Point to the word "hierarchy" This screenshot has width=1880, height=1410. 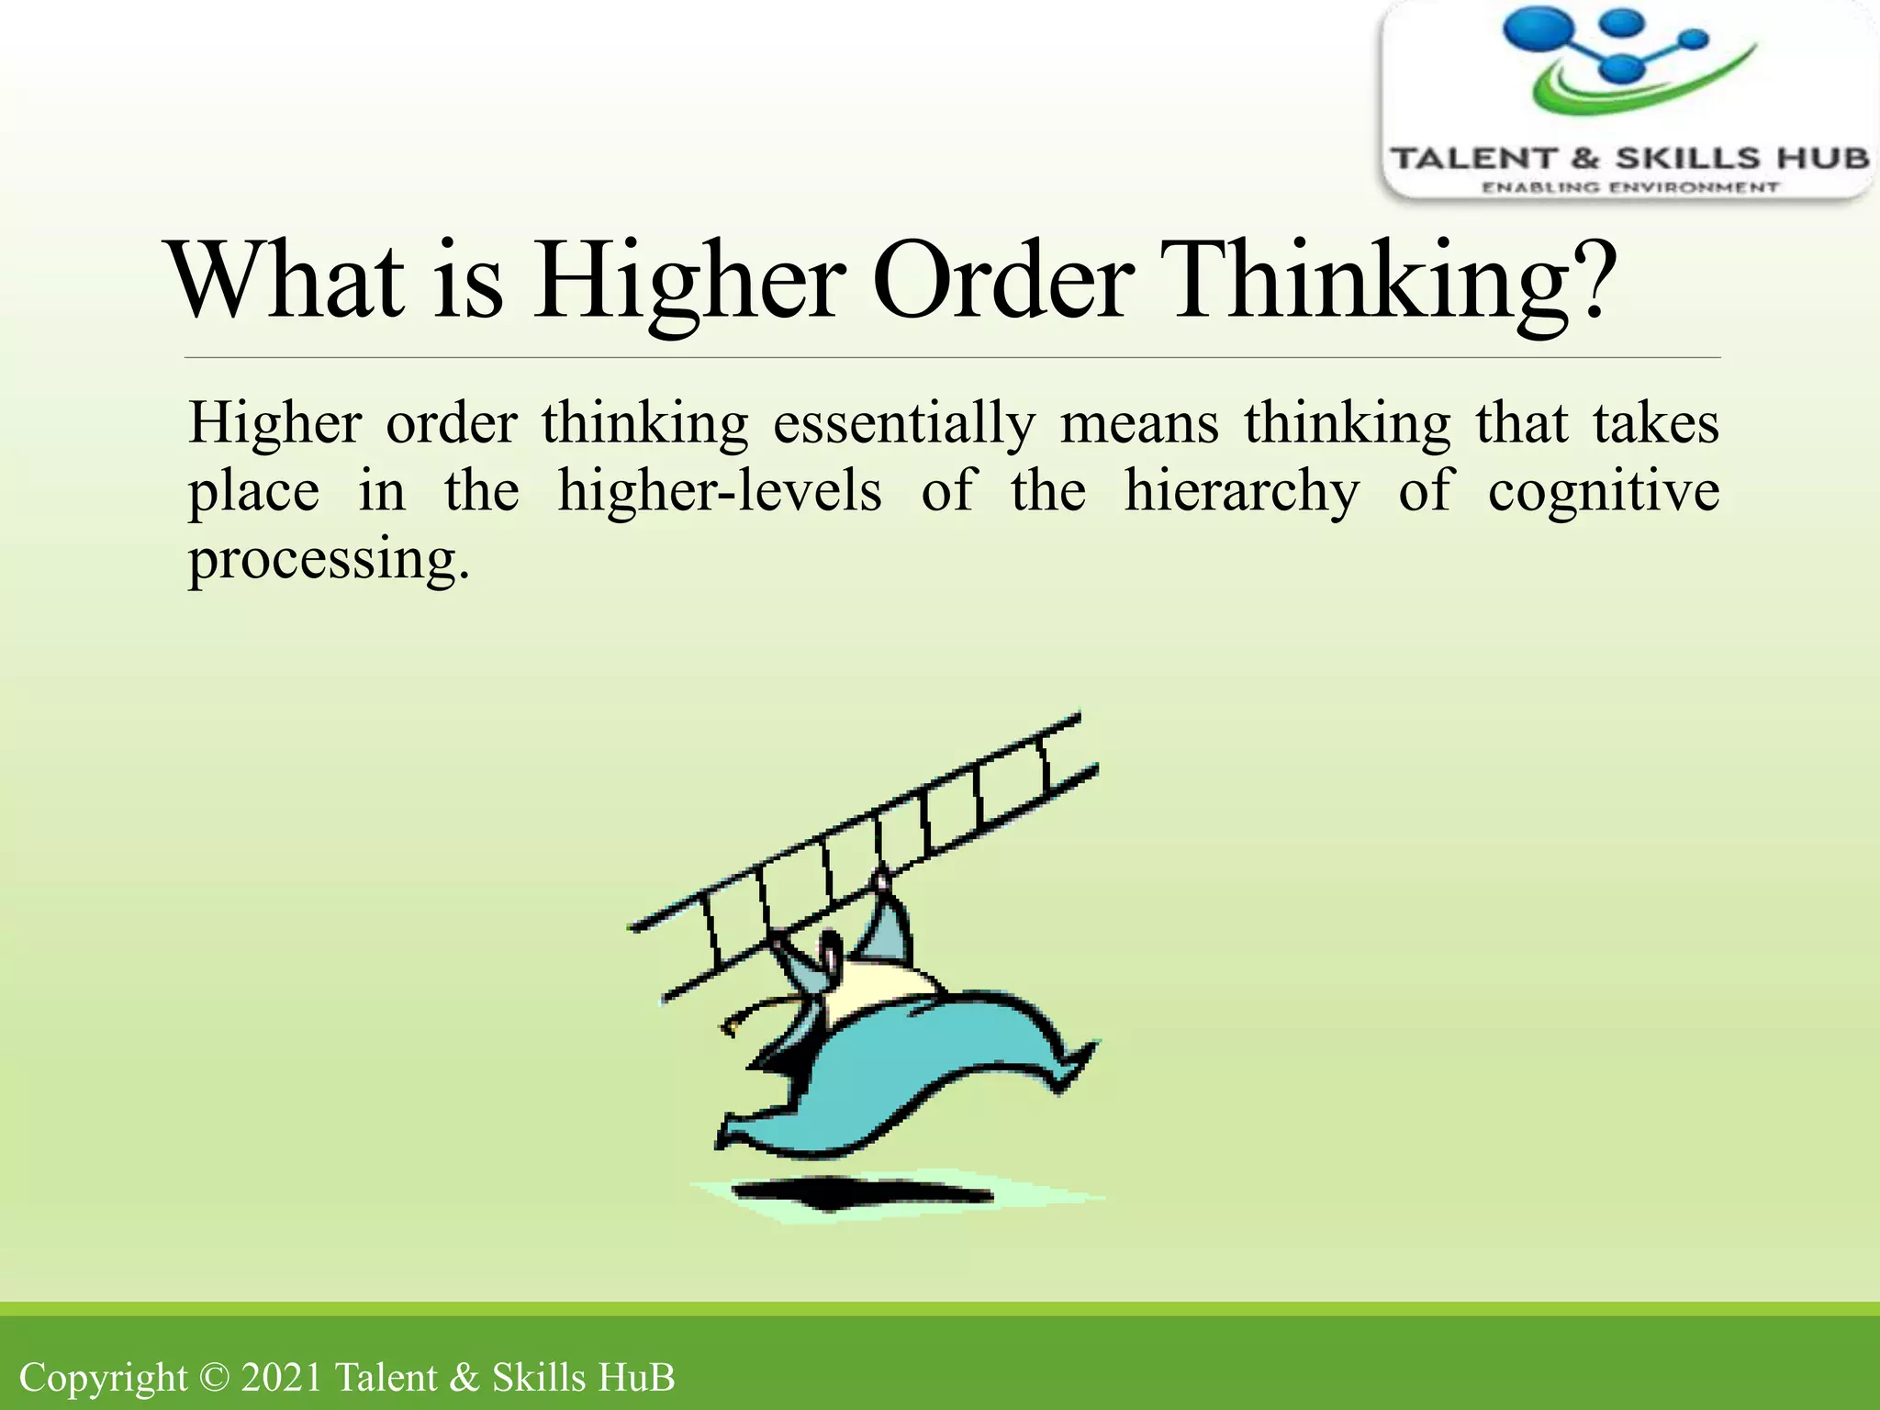click(x=1241, y=492)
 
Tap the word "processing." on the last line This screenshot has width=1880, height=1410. click(x=329, y=560)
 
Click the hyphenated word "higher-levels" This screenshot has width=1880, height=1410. click(x=720, y=492)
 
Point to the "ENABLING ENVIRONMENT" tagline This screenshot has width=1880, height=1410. click(x=1630, y=188)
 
